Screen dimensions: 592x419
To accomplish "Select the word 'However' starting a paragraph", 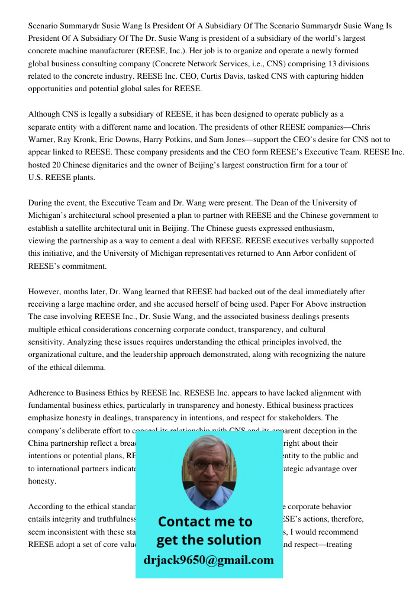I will (x=43, y=292).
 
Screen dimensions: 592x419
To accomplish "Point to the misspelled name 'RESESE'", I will (x=208, y=393).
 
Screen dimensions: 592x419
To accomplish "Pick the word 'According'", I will (x=47, y=507).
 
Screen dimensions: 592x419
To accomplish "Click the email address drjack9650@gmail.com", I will (x=208, y=560).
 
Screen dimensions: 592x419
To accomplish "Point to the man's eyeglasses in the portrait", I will (x=209, y=466).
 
